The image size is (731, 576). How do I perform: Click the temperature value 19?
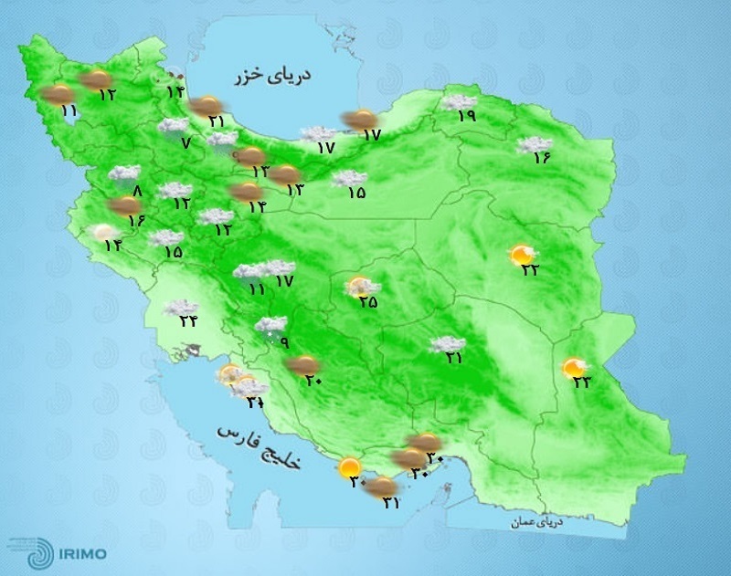click(x=466, y=116)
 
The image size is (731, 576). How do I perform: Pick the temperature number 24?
click(x=188, y=320)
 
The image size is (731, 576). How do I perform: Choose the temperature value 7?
click(x=185, y=143)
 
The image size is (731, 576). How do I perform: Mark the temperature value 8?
click(x=138, y=191)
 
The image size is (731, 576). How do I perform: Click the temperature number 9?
click(x=283, y=343)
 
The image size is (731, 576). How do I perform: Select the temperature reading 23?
click(x=581, y=382)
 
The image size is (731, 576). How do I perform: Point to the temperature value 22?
click(x=529, y=268)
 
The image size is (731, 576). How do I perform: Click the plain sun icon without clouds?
click(x=349, y=469)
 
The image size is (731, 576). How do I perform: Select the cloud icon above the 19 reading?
click(x=459, y=101)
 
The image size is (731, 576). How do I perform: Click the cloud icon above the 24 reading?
click(x=182, y=308)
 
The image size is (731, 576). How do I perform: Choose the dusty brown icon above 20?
click(x=301, y=366)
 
